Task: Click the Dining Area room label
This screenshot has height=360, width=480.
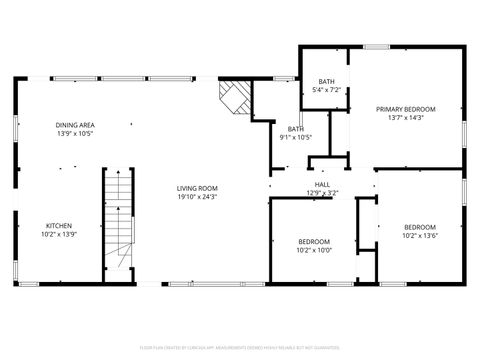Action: point(74,125)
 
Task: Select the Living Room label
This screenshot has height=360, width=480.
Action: point(197,188)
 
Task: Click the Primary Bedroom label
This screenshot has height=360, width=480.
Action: point(405,108)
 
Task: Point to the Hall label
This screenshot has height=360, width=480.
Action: point(322,184)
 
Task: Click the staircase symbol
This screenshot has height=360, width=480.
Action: point(119,225)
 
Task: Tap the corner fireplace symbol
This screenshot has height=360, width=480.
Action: point(235,97)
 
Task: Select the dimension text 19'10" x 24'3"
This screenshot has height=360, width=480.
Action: point(197,197)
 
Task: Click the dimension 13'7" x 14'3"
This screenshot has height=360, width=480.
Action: point(405,117)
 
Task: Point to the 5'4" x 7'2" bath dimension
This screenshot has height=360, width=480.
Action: point(327,90)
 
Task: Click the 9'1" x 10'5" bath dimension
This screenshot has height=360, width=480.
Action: point(297,137)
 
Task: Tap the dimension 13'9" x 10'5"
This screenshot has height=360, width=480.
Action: point(74,133)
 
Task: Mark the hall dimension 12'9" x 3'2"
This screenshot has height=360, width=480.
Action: point(322,193)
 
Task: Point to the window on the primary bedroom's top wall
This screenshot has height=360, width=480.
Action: point(376,46)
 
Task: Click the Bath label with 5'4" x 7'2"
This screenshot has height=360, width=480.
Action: point(327,81)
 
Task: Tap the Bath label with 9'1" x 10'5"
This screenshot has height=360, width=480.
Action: point(296,128)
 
